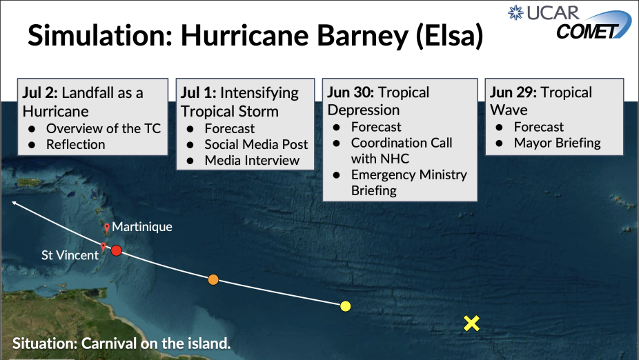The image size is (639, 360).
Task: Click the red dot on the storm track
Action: (117, 250)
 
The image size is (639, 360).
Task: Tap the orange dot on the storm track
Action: (213, 280)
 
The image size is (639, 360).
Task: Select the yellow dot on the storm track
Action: (345, 306)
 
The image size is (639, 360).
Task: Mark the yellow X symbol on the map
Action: (471, 323)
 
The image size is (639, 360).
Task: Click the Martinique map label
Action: (142, 227)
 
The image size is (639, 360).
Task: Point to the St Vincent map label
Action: (70, 255)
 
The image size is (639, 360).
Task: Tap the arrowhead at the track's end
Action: (14, 202)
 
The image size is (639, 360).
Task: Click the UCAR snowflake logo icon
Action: (515, 12)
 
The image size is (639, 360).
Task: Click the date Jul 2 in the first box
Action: (40, 93)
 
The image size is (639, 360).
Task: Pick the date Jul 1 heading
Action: (199, 93)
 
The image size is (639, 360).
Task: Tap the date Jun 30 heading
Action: (351, 92)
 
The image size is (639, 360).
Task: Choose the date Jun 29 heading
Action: (513, 92)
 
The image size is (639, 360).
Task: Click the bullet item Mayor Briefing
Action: (557, 143)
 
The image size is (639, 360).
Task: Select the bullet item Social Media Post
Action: (256, 145)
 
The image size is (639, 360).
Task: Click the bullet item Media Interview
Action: (252, 161)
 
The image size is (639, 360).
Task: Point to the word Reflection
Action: (75, 145)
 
